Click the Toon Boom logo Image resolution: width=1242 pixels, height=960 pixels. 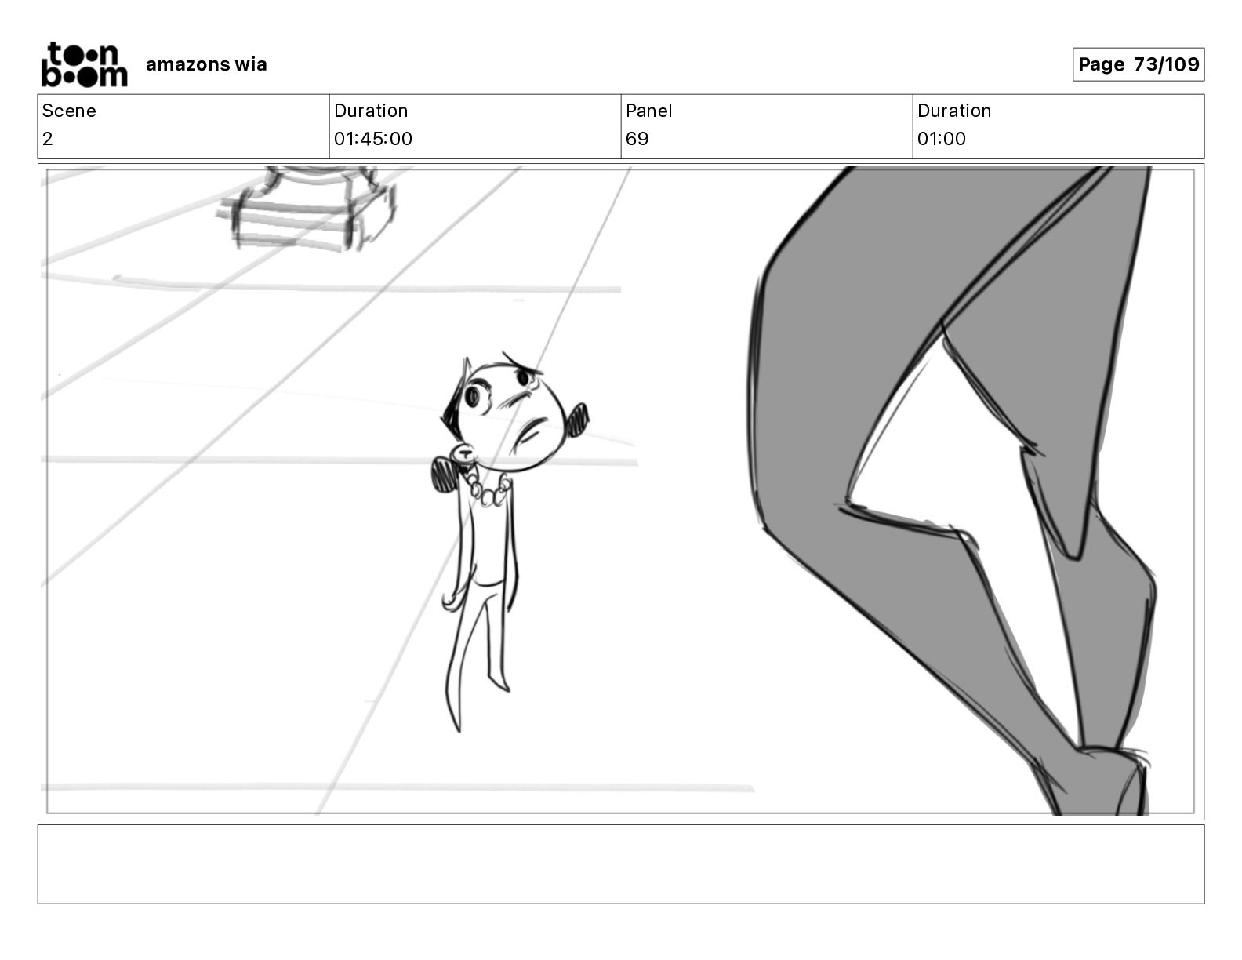(84, 64)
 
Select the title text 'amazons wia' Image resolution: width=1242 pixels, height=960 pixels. (206, 64)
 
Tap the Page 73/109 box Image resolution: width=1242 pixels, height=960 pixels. (1138, 64)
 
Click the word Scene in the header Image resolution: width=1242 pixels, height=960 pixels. (69, 111)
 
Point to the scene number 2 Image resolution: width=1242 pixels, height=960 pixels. (48, 139)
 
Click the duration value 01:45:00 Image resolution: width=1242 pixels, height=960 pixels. (372, 139)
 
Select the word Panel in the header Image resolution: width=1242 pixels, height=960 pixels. (648, 111)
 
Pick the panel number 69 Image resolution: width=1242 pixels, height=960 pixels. (637, 139)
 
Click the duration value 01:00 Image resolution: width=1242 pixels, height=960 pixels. (941, 139)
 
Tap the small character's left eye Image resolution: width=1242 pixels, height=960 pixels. (473, 397)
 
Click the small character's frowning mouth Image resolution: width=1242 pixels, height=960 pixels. (534, 431)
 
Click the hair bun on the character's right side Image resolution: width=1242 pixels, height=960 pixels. (579, 419)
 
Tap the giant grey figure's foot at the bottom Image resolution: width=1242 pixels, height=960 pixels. (1106, 784)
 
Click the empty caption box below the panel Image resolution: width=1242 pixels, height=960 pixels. (620, 864)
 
